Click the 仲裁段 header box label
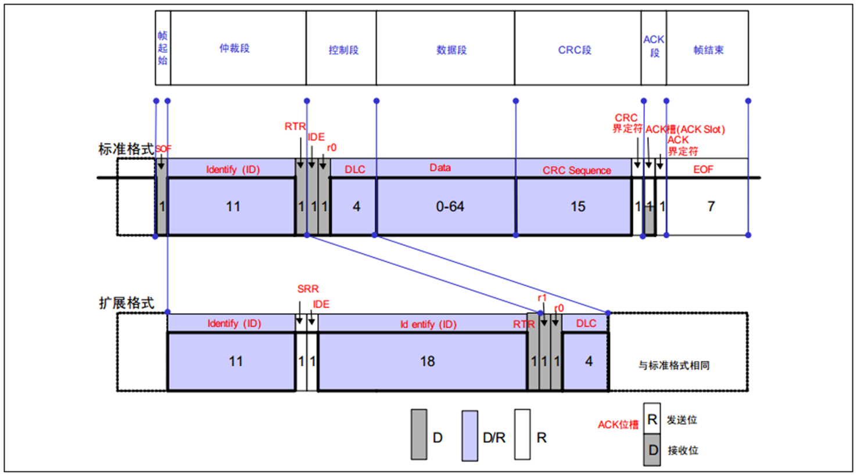click(234, 48)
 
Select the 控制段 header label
click(343, 50)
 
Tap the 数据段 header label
click(451, 50)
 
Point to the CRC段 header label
click(575, 50)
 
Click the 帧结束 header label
click(708, 50)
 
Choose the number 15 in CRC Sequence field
click(578, 206)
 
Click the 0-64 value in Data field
click(450, 206)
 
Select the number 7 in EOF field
click(711, 206)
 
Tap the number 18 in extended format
click(427, 362)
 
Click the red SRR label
click(308, 289)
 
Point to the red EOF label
click(703, 169)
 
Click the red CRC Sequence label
click(576, 170)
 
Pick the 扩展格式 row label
click(126, 303)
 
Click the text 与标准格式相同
click(673, 366)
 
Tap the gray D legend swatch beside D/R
click(418, 435)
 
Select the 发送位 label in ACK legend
click(682, 420)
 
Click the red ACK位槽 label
click(618, 425)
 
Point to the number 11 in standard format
click(233, 206)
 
